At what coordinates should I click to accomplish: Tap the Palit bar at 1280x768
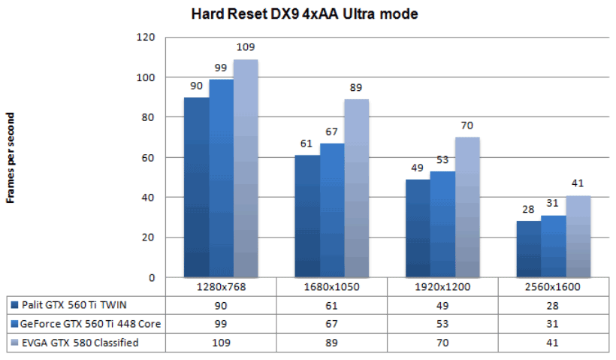click(196, 187)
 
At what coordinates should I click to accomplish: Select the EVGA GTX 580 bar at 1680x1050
click(357, 188)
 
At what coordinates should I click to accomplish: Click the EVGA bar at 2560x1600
click(578, 236)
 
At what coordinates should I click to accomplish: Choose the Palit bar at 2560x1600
click(528, 249)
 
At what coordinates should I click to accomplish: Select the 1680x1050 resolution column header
click(332, 287)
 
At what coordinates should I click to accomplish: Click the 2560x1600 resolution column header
click(553, 287)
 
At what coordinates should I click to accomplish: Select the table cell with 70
click(442, 343)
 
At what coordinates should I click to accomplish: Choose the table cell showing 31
click(553, 325)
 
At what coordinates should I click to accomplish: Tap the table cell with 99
click(221, 325)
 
